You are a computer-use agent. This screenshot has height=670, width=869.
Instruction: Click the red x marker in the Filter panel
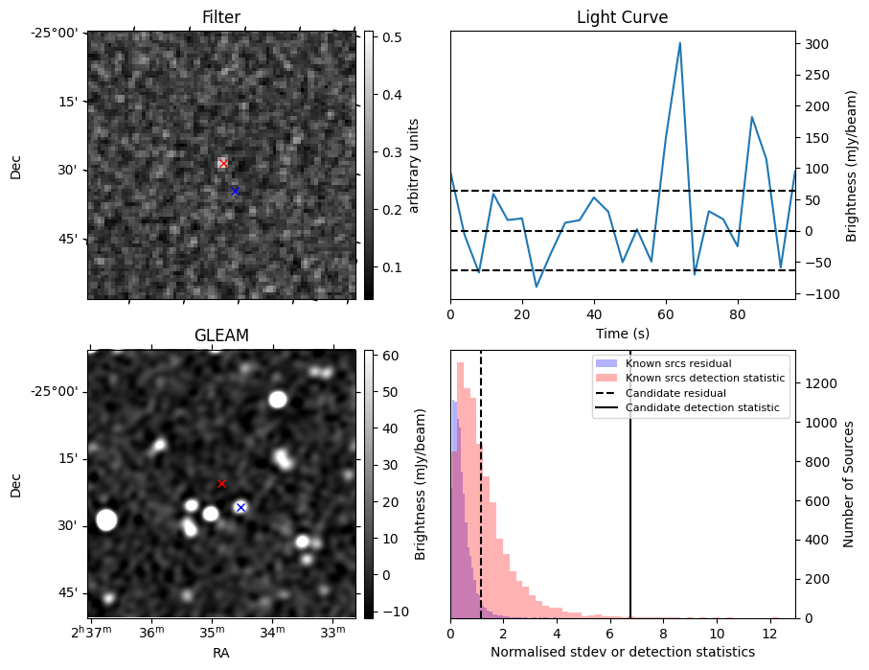click(223, 164)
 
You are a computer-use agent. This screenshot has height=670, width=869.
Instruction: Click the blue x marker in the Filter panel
click(235, 191)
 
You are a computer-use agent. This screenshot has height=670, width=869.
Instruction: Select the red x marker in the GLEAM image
click(221, 483)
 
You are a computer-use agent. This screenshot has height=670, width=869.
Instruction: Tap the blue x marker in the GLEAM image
click(240, 507)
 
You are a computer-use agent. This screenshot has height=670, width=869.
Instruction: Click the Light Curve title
click(622, 17)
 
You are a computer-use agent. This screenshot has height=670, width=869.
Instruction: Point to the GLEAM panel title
click(221, 335)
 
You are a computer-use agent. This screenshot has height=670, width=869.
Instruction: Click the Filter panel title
click(221, 17)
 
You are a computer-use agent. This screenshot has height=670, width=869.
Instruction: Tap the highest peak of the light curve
click(679, 43)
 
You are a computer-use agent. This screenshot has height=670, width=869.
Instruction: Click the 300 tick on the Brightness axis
click(814, 44)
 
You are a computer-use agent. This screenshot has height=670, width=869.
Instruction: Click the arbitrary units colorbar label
click(414, 165)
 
